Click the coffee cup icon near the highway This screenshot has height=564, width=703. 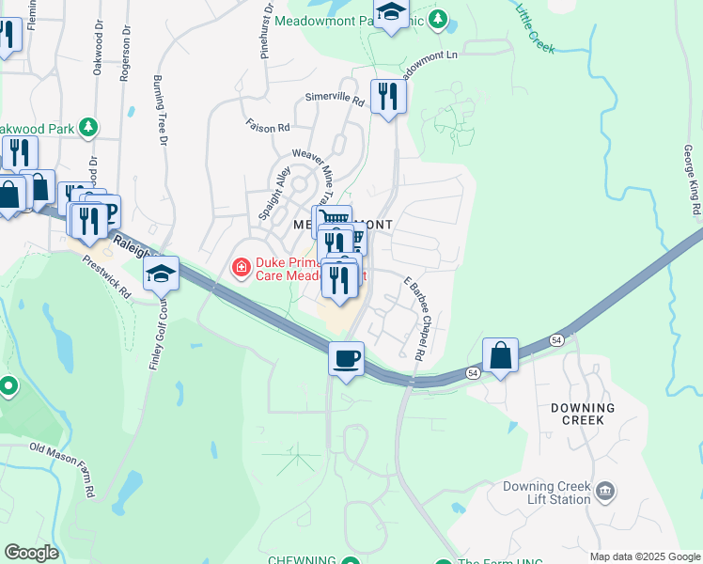click(347, 359)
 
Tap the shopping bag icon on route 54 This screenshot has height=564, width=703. click(500, 356)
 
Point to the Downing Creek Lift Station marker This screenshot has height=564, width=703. click(605, 491)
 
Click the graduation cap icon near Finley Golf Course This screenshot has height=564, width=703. click(162, 274)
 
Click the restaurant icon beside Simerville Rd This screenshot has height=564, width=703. click(387, 95)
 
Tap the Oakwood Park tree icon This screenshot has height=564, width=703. click(88, 126)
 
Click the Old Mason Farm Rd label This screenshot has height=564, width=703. click(63, 470)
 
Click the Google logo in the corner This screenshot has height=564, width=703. click(31, 553)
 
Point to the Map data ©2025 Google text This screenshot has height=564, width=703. click(646, 556)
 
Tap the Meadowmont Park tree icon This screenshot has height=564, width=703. click(436, 18)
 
